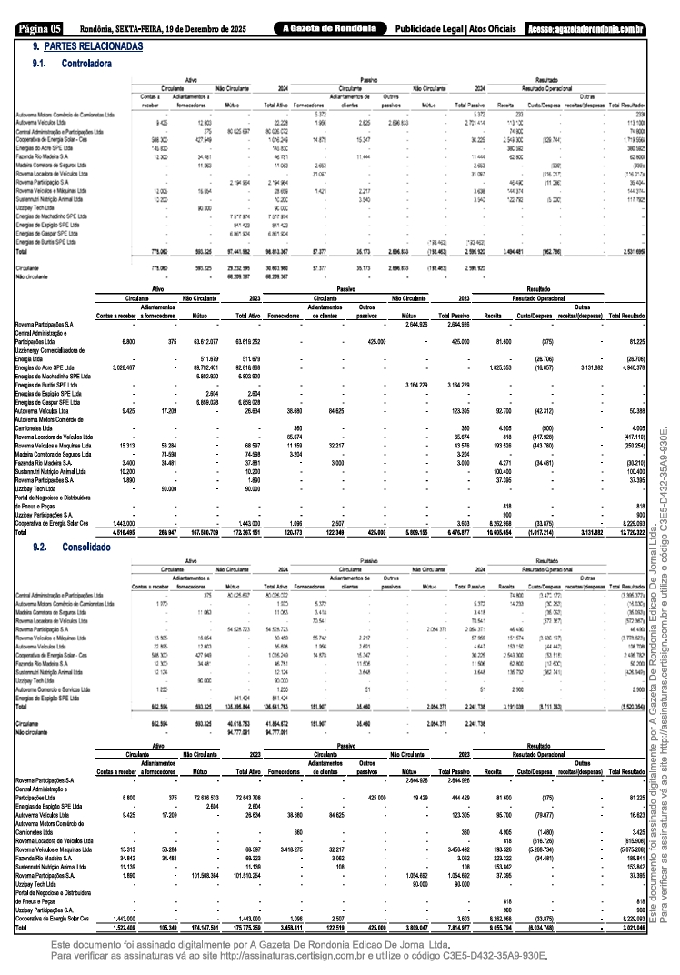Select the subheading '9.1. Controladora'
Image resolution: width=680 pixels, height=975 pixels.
pos(74,65)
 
